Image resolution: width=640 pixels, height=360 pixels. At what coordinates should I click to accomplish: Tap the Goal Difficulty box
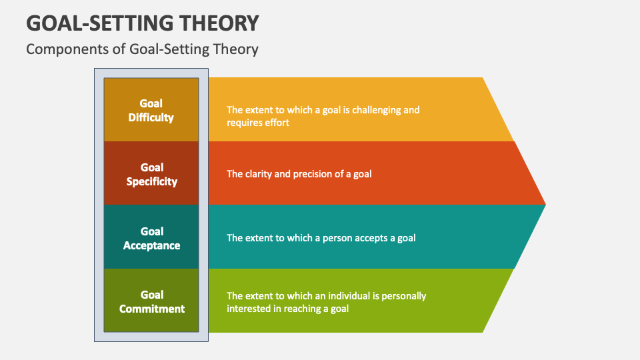pos(151,110)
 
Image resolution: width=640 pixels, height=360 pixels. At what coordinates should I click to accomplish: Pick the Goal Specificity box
pos(151,174)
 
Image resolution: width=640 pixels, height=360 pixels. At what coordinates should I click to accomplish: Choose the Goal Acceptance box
pos(151,238)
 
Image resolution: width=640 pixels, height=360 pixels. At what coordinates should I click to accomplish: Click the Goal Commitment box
pos(151,301)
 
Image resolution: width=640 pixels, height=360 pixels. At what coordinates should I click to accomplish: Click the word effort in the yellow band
pos(276,123)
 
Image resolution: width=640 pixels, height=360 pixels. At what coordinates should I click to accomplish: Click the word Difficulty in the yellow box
pos(151,117)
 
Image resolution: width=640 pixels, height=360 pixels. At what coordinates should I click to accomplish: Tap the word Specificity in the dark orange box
pos(151,181)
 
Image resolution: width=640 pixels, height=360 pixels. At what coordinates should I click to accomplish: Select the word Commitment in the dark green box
pos(151,309)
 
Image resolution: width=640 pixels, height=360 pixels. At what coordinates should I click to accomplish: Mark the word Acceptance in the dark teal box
pos(151,245)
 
